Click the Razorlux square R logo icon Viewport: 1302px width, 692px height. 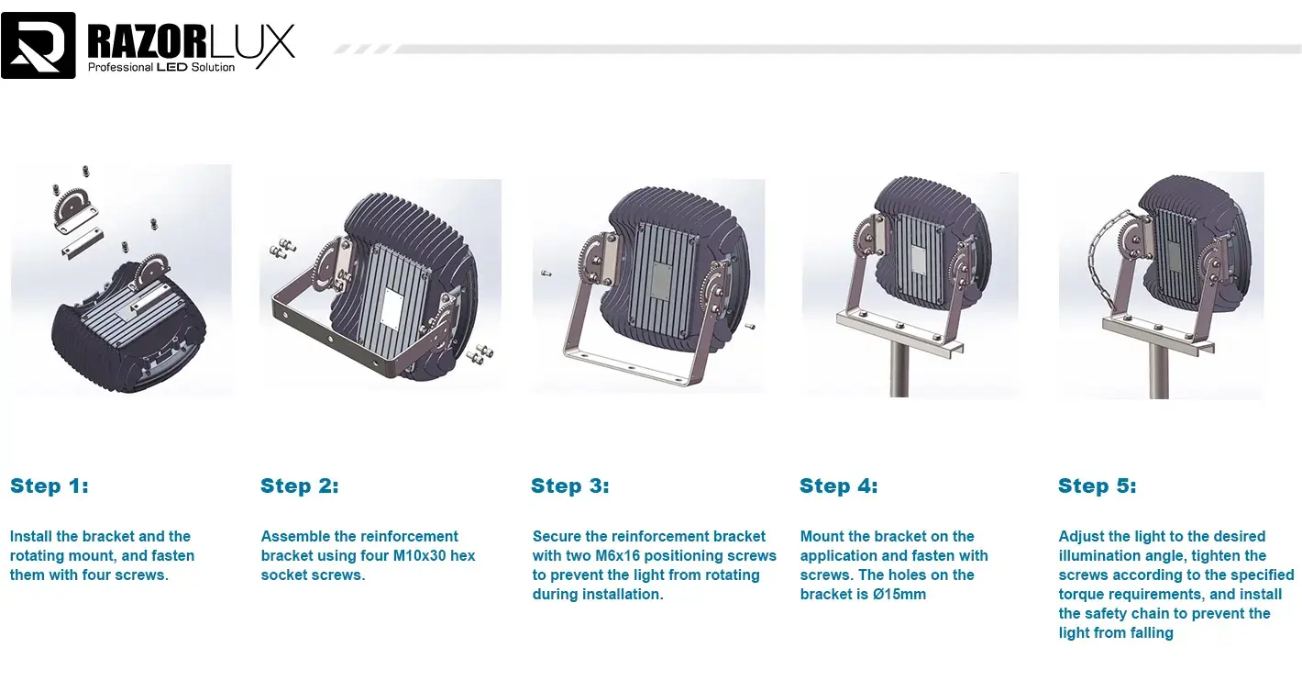(x=39, y=45)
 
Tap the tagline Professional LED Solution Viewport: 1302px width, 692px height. (x=161, y=67)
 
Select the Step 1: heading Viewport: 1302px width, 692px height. (x=50, y=486)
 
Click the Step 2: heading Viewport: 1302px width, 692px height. (x=299, y=486)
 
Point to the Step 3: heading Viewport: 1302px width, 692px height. (x=569, y=486)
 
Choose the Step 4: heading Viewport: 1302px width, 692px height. (x=838, y=486)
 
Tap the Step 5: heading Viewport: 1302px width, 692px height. (x=1097, y=486)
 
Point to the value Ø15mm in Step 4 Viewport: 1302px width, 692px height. (x=899, y=595)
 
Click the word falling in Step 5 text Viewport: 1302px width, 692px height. (x=1147, y=633)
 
